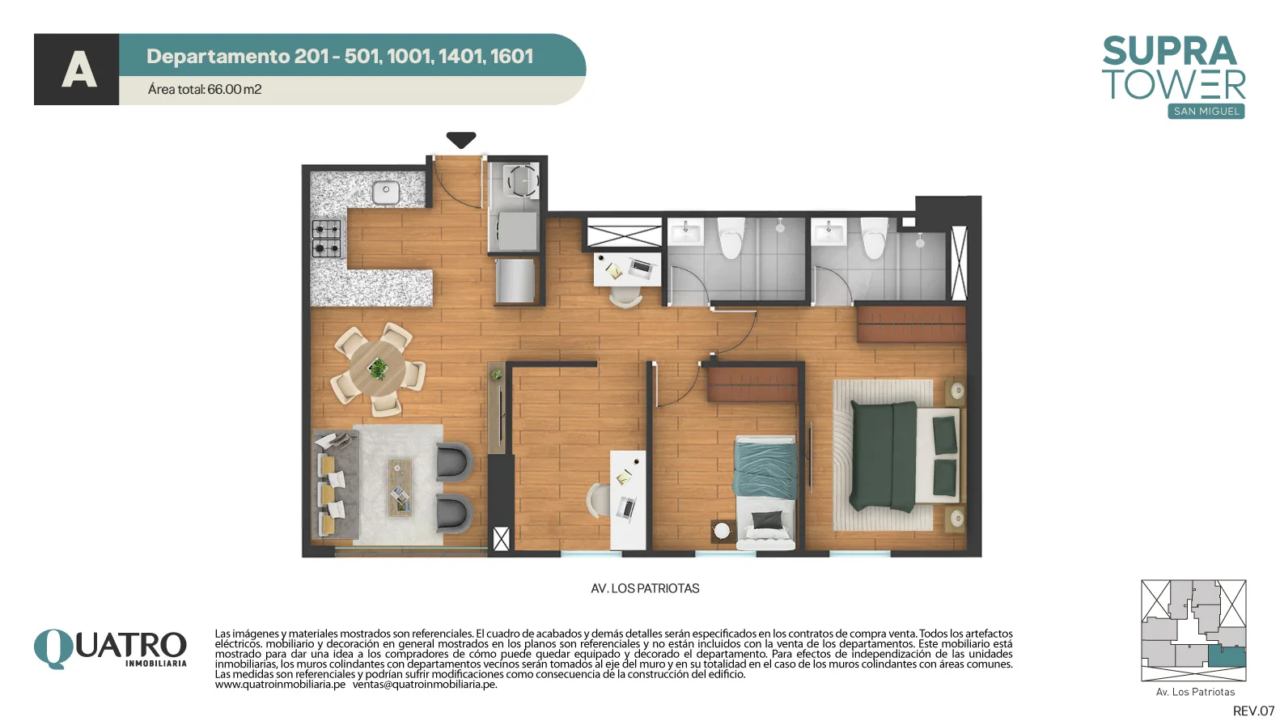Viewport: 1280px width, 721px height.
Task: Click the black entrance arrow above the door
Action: point(461,139)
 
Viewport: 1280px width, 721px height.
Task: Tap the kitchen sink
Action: point(386,193)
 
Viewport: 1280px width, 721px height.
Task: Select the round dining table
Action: point(377,368)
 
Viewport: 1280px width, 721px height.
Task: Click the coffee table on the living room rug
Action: point(400,488)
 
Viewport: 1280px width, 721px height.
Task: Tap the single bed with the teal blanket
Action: point(765,490)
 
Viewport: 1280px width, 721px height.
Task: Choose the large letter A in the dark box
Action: point(78,69)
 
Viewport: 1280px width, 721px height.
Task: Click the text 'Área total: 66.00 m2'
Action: point(205,89)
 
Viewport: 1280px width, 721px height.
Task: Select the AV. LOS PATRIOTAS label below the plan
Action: point(645,588)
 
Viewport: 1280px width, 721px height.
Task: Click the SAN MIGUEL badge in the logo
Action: point(1206,112)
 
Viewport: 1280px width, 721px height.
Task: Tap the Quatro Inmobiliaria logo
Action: point(110,648)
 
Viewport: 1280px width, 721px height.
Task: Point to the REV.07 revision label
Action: point(1253,710)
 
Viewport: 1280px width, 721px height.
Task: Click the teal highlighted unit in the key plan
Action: point(1227,656)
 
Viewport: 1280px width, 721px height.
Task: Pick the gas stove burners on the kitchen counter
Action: point(326,238)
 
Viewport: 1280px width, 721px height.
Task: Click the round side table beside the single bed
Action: point(723,531)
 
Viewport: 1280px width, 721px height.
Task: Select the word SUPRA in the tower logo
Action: point(1170,51)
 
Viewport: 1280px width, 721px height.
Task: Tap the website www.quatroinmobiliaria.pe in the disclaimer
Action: point(280,685)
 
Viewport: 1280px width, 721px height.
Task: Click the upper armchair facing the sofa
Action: point(454,460)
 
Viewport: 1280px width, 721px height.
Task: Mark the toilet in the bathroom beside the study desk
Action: point(731,238)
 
